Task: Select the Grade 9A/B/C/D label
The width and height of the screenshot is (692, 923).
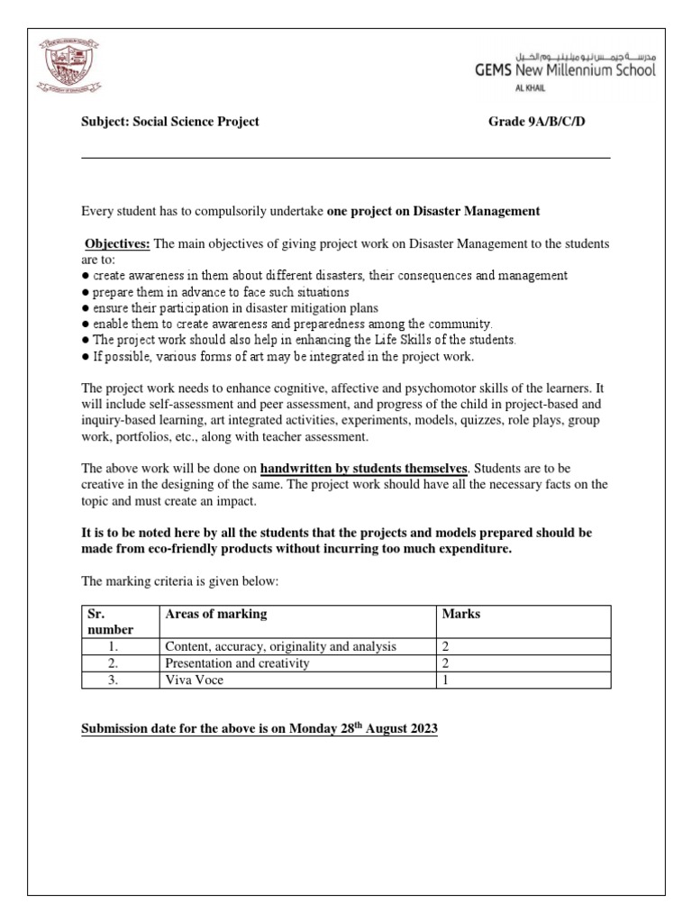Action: pyautogui.click(x=537, y=122)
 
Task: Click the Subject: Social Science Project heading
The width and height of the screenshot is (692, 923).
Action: pyautogui.click(x=170, y=122)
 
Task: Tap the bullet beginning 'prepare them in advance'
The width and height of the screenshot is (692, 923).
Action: pyautogui.click(x=214, y=292)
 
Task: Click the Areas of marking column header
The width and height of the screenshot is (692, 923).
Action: pyautogui.click(x=215, y=615)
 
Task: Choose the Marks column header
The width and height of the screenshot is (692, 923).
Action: pyautogui.click(x=460, y=615)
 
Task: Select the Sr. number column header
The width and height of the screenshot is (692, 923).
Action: pyautogui.click(x=108, y=622)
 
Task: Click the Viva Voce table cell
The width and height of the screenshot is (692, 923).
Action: pyautogui.click(x=194, y=681)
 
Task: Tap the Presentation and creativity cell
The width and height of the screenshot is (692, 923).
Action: pyautogui.click(x=237, y=663)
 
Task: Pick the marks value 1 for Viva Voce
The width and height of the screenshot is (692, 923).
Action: pyautogui.click(x=445, y=681)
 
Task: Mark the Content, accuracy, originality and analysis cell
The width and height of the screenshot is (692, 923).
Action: pyautogui.click(x=280, y=647)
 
